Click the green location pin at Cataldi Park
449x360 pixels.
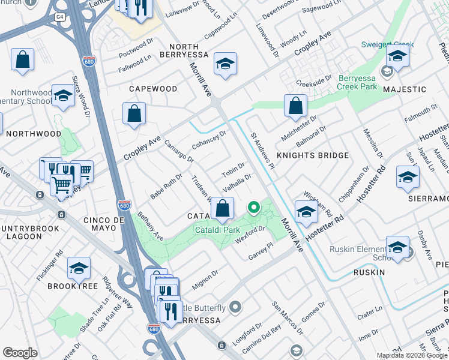[x=254, y=208]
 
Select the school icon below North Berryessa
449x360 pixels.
[x=225, y=64]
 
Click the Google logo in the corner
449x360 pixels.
[x=20, y=353]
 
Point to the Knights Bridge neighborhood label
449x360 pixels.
[x=312, y=155]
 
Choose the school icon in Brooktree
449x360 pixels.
[x=79, y=269]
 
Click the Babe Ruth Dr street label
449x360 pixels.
[x=165, y=187]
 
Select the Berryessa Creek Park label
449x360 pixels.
[x=349, y=83]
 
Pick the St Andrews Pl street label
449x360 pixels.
[x=262, y=151]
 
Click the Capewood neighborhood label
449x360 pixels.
[x=153, y=89]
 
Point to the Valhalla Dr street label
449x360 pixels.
[x=236, y=182]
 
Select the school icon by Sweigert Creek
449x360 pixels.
[x=397, y=57]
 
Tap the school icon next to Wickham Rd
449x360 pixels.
[x=306, y=212]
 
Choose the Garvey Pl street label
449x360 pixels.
[x=261, y=251]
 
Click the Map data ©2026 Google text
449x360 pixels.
[x=412, y=355]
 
